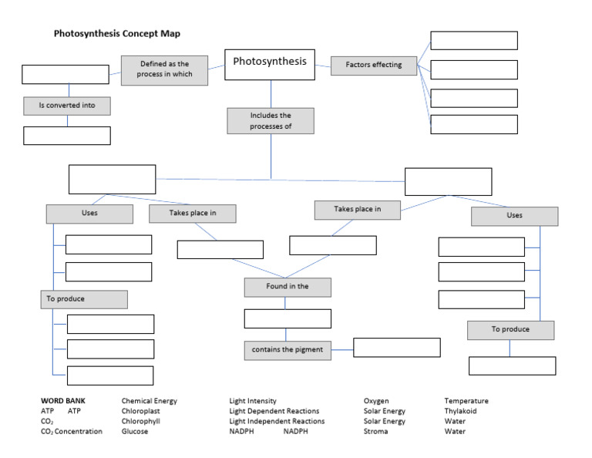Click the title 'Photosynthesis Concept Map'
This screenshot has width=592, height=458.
[x=117, y=34]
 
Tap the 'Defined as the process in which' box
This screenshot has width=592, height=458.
[x=166, y=69]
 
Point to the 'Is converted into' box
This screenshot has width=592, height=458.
[x=67, y=105]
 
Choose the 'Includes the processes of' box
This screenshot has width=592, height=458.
[x=271, y=121]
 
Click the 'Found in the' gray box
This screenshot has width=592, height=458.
[x=287, y=287]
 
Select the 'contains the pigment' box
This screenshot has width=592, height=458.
[x=287, y=349]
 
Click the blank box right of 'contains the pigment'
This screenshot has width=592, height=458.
[x=396, y=348]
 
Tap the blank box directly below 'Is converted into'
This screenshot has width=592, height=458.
[x=67, y=136]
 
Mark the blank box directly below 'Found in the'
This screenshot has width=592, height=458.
[x=287, y=318]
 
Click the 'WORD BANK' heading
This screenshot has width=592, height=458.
[x=63, y=401]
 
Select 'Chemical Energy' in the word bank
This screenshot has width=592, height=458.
[x=150, y=401]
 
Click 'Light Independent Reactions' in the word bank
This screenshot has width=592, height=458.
[x=277, y=422]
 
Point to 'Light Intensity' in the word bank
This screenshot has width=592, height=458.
[x=253, y=401]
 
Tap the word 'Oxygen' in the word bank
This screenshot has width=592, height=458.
[x=376, y=401]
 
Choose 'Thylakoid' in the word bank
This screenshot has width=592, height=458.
[x=460, y=412]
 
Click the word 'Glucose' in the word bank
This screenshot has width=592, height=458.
[x=135, y=432]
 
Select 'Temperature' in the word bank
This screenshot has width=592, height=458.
[x=466, y=401]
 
